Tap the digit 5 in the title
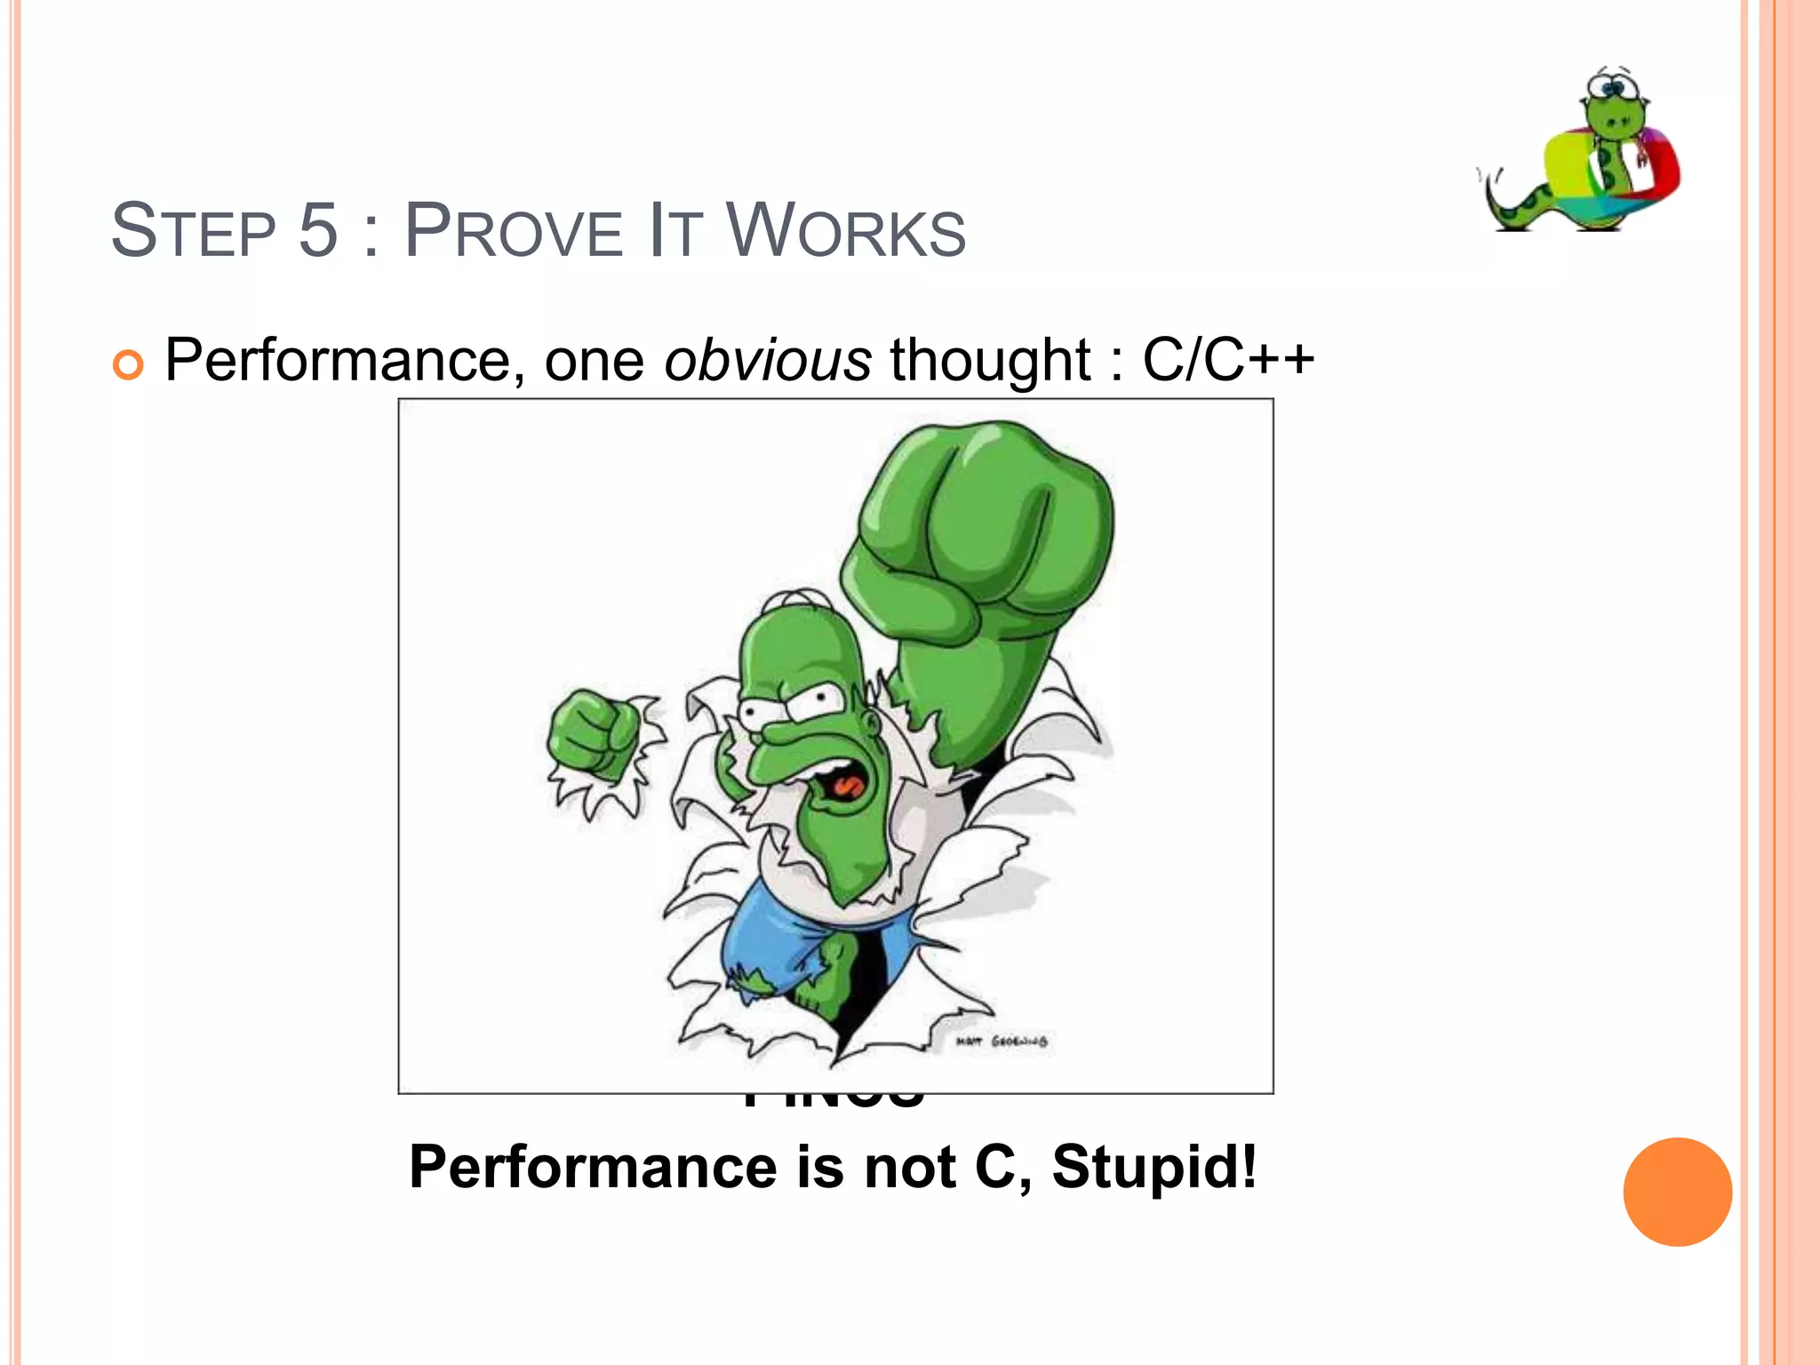[x=318, y=231]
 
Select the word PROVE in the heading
[x=513, y=231]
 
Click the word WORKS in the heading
[x=845, y=231]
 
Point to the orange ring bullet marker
[x=128, y=364]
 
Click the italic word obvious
[x=768, y=361]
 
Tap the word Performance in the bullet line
[x=337, y=361]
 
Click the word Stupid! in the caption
[x=1154, y=1166]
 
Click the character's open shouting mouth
[x=842, y=782]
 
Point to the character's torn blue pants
[x=782, y=942]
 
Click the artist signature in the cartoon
[x=1002, y=1041]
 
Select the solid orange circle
[x=1677, y=1192]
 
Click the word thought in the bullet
[x=990, y=361]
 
